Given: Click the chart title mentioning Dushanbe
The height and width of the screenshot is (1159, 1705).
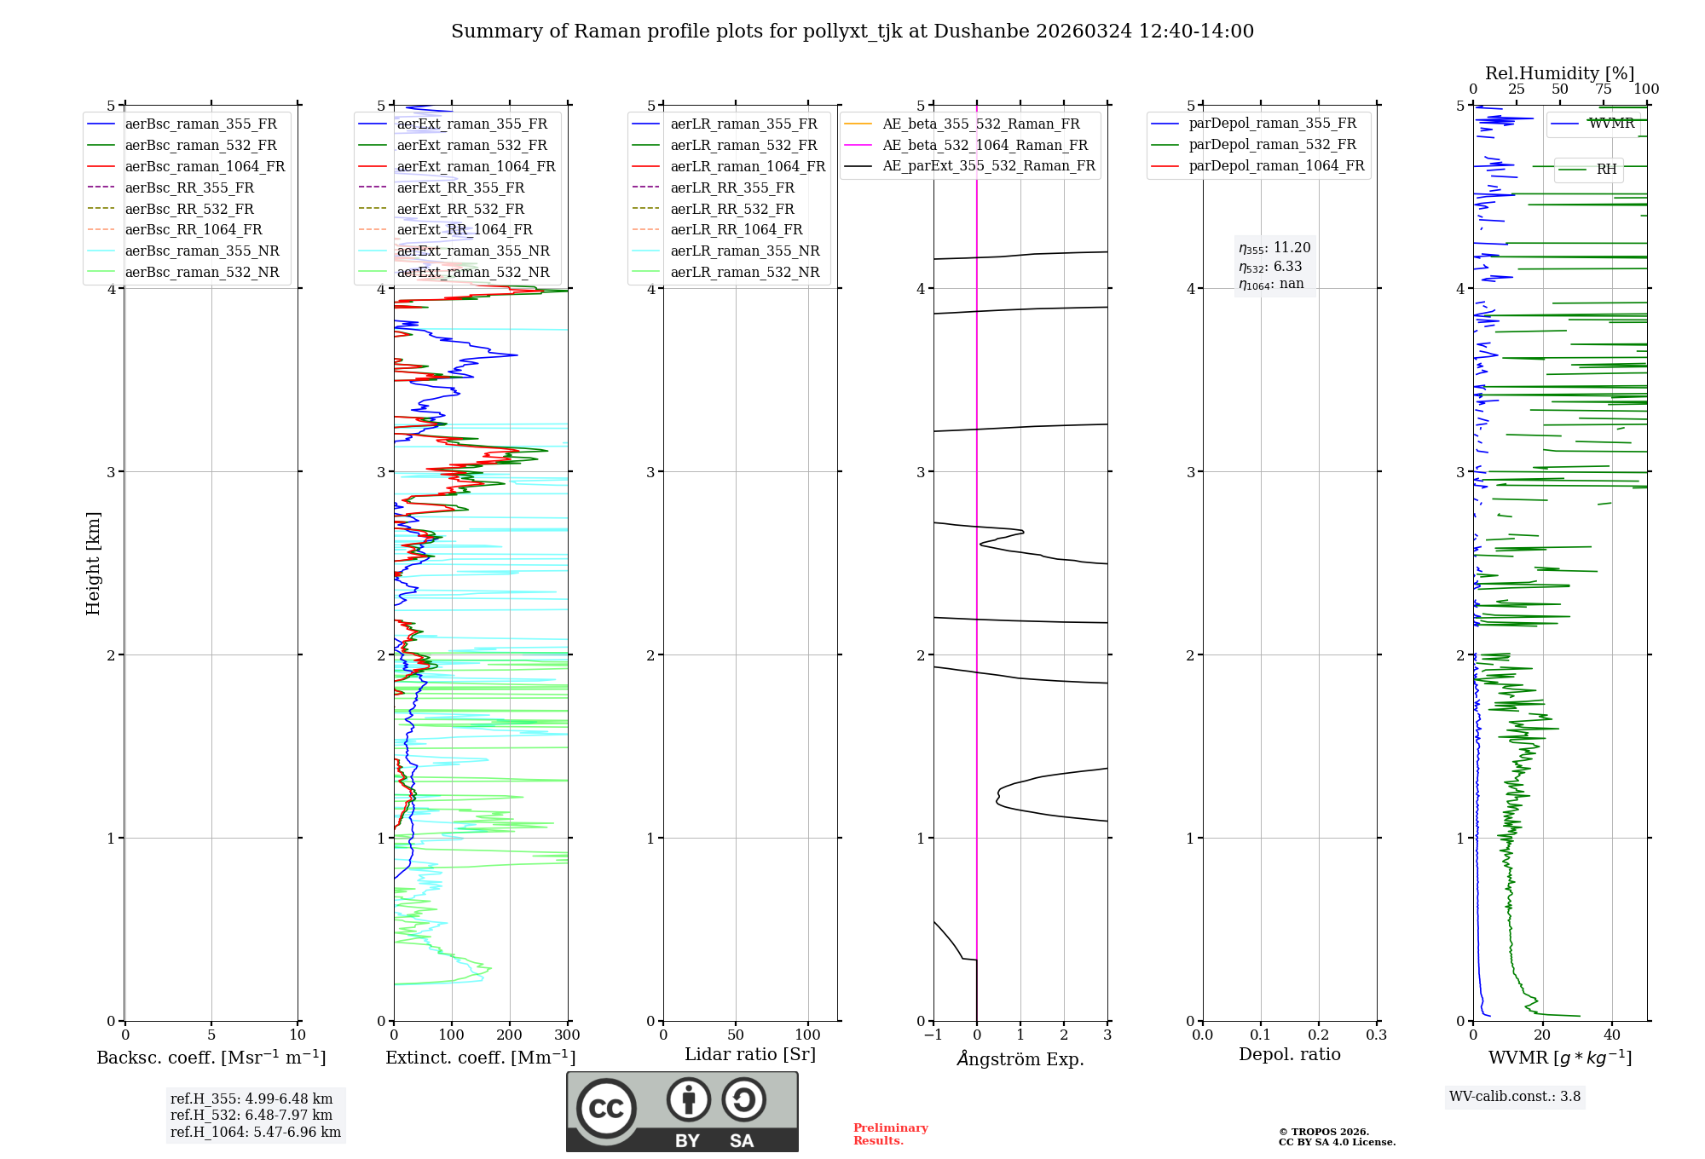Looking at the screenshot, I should (852, 32).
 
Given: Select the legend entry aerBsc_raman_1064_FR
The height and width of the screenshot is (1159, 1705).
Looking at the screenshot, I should (205, 166).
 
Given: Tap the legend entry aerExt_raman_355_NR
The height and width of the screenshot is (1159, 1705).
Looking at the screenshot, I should (473, 251).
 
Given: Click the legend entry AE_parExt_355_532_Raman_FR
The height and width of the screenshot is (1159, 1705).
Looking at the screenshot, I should (989, 165).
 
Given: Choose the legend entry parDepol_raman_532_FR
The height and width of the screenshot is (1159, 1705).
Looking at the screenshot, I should (1272, 145).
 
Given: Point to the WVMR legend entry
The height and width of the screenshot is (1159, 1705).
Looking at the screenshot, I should (1610, 124).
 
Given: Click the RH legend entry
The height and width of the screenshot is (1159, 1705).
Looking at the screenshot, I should (1606, 170).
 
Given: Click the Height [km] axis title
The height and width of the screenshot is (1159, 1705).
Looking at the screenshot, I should (93, 563).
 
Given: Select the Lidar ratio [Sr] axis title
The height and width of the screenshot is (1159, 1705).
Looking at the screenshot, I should (749, 1054).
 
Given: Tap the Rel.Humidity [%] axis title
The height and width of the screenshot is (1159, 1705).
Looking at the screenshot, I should (1559, 73).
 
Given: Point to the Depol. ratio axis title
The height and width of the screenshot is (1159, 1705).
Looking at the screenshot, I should (1289, 1054).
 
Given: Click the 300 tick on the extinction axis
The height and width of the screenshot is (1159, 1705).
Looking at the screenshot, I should (567, 1035).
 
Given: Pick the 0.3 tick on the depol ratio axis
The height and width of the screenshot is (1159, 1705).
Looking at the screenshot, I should (1376, 1035).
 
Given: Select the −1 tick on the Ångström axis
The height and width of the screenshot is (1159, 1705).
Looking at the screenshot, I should (933, 1035).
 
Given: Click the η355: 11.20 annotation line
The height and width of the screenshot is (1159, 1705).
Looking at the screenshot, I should (1274, 248).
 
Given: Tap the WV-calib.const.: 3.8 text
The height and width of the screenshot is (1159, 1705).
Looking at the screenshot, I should (1514, 1097).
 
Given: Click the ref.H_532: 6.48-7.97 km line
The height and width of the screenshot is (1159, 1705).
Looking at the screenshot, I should (251, 1115).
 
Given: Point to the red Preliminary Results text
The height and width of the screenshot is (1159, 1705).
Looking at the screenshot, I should (890, 1133).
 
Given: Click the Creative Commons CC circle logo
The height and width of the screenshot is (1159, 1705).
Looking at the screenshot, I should (606, 1109).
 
